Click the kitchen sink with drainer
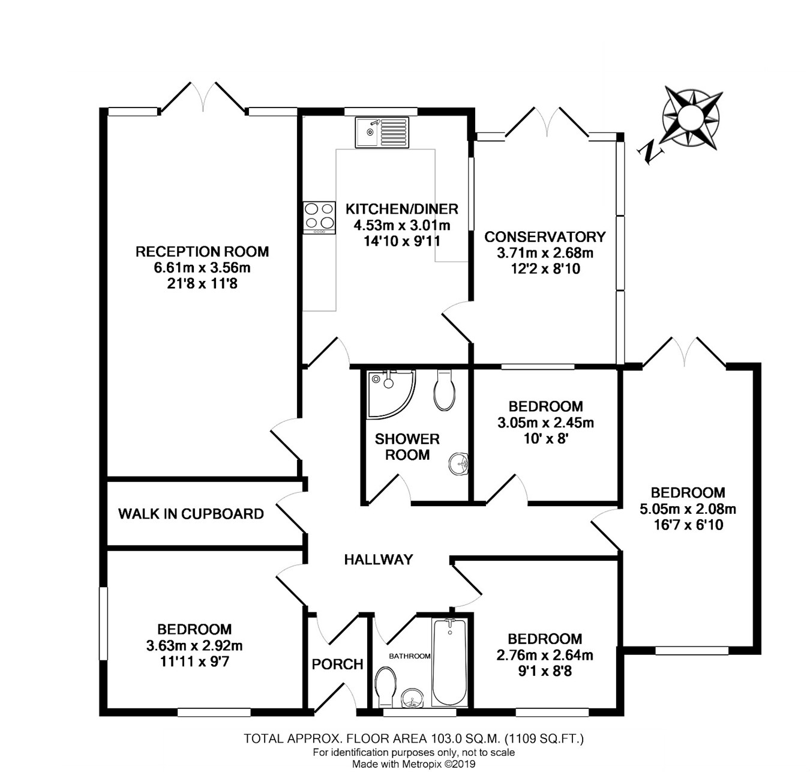click(382, 133)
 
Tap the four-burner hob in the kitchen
click(319, 218)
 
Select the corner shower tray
click(391, 394)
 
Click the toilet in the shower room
click(444, 390)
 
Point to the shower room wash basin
click(458, 464)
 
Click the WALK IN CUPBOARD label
click(191, 513)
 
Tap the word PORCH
click(337, 665)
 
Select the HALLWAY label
click(379, 559)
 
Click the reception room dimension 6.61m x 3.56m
click(202, 268)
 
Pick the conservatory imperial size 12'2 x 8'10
click(545, 269)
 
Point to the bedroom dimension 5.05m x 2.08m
click(688, 509)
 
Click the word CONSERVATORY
click(545, 237)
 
